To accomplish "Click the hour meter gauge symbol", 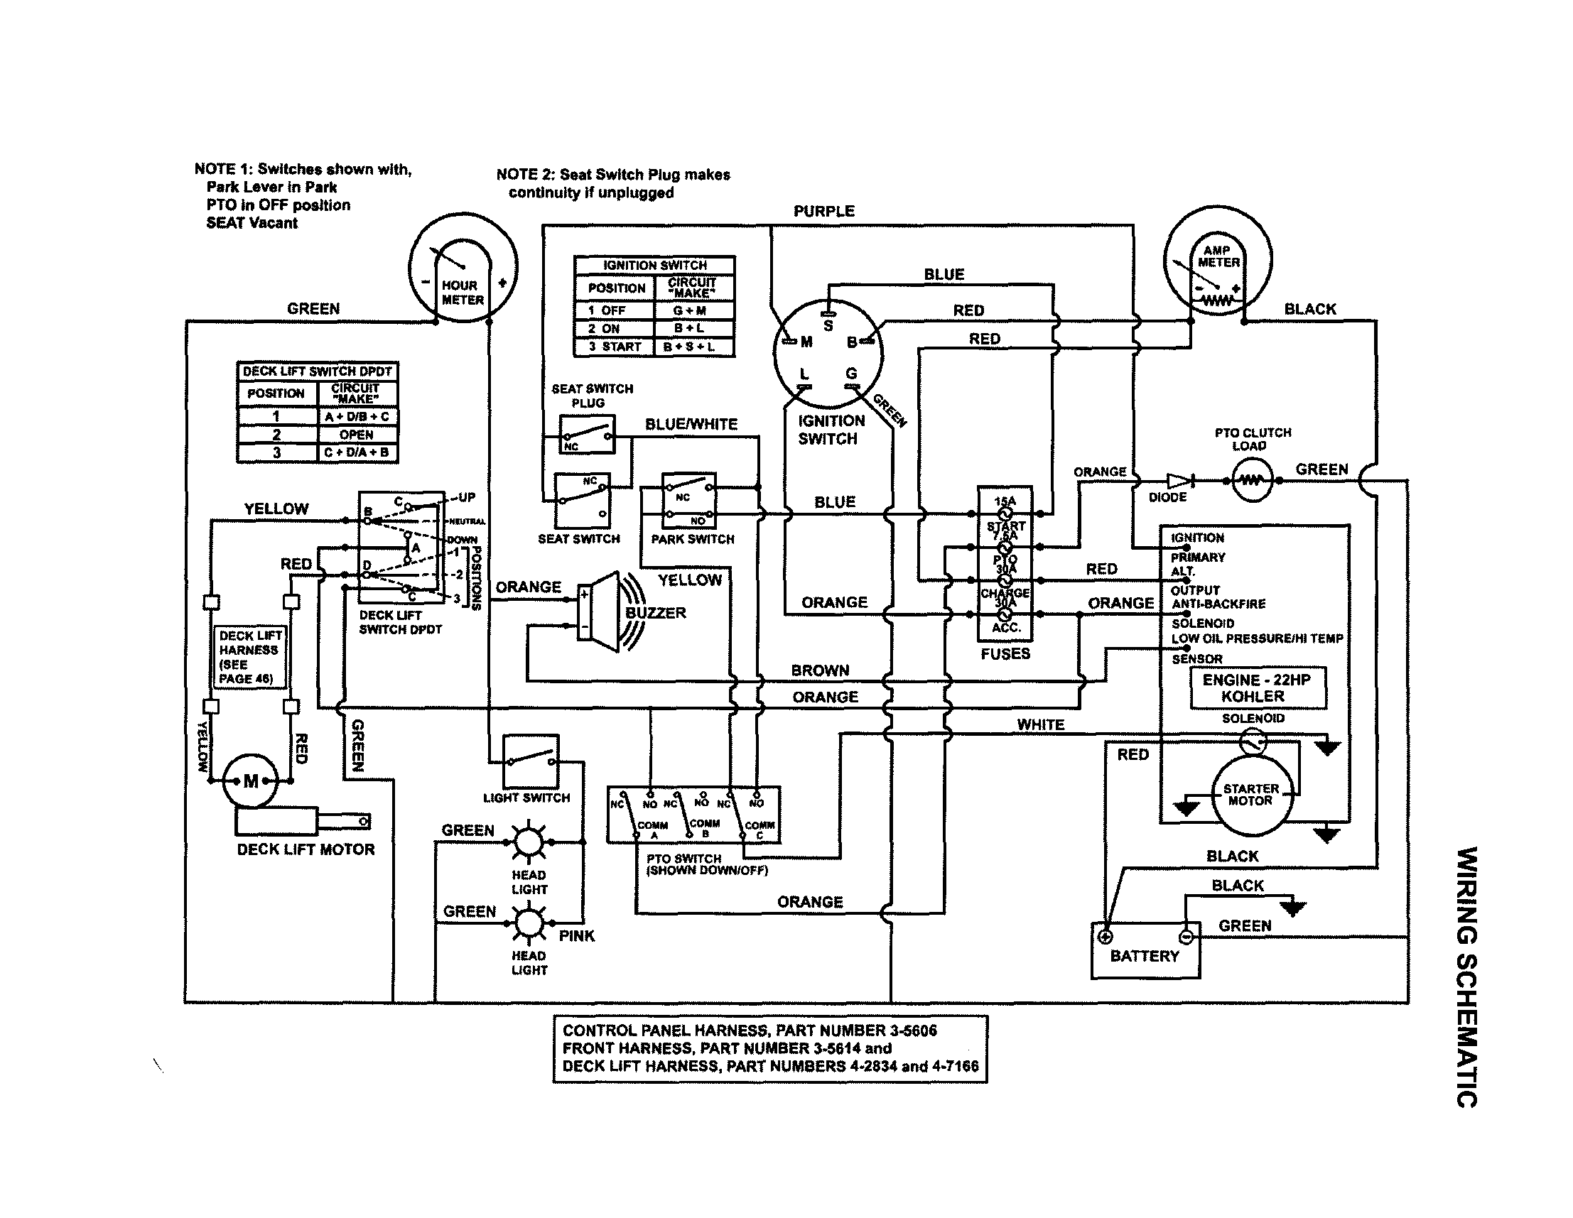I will coord(463,267).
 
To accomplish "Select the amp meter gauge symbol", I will coord(1218,259).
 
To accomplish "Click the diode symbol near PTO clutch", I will coord(1178,480).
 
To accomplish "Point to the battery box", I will coord(1145,951).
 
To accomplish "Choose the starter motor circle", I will coord(1252,795).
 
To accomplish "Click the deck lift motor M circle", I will coord(250,781).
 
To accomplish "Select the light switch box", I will coord(530,761).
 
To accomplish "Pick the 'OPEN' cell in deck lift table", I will coord(357,435).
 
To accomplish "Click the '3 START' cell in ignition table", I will coord(615,347).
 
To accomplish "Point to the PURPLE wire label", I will coord(824,211).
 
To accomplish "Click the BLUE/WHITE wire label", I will coord(691,424).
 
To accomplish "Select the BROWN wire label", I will coord(820,670).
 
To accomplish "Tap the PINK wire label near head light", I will coord(577,936).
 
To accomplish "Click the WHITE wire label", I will coord(1040,724).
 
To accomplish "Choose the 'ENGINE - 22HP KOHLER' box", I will coord(1258,688).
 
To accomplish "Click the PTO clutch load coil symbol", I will coord(1251,480).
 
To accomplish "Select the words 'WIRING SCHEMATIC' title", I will coord(1466,975).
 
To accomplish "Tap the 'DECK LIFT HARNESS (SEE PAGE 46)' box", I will coord(250,656).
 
